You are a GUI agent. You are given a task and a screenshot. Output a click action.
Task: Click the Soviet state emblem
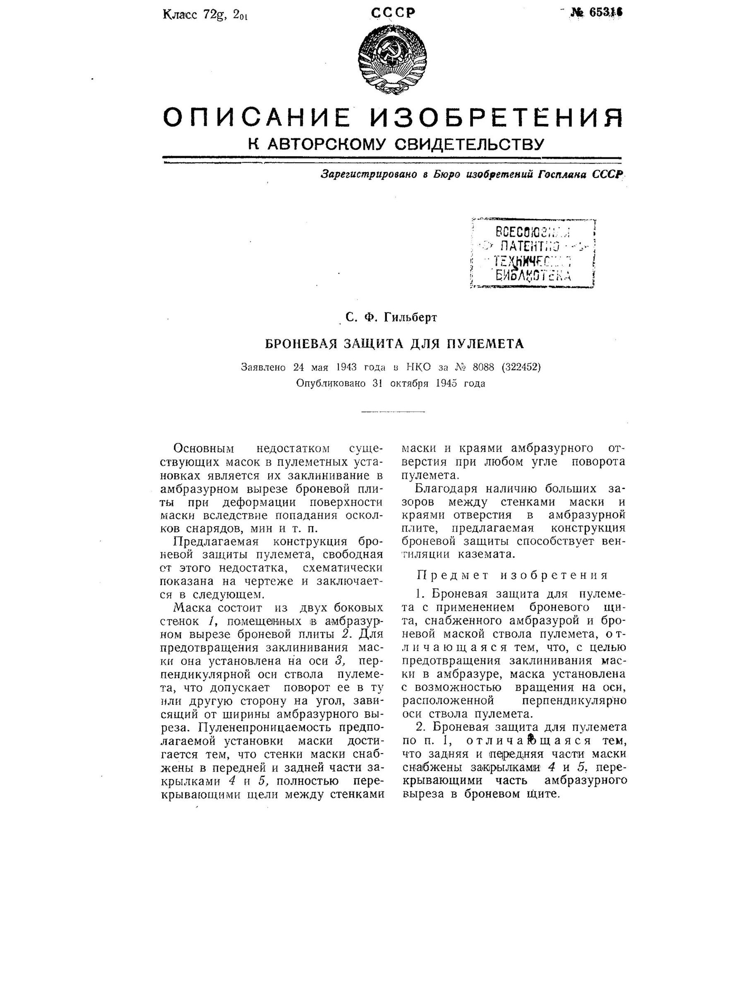pos(392,60)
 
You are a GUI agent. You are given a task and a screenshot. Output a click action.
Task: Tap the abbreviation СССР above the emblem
pos(392,13)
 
